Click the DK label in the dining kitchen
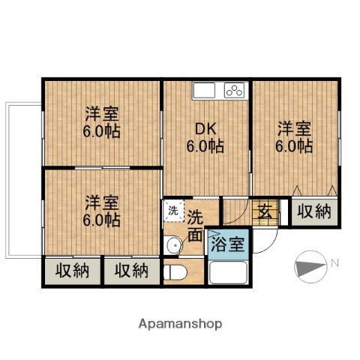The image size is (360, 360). coord(205,128)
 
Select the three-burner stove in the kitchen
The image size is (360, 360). coord(234,91)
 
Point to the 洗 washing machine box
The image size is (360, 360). coord(172,211)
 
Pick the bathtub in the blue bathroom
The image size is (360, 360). coord(230,271)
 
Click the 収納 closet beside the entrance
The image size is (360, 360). coord(312,211)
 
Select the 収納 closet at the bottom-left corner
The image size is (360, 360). coord(72,271)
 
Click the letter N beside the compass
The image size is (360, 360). coord(335,262)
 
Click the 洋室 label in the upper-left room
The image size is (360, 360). coord(102,113)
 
